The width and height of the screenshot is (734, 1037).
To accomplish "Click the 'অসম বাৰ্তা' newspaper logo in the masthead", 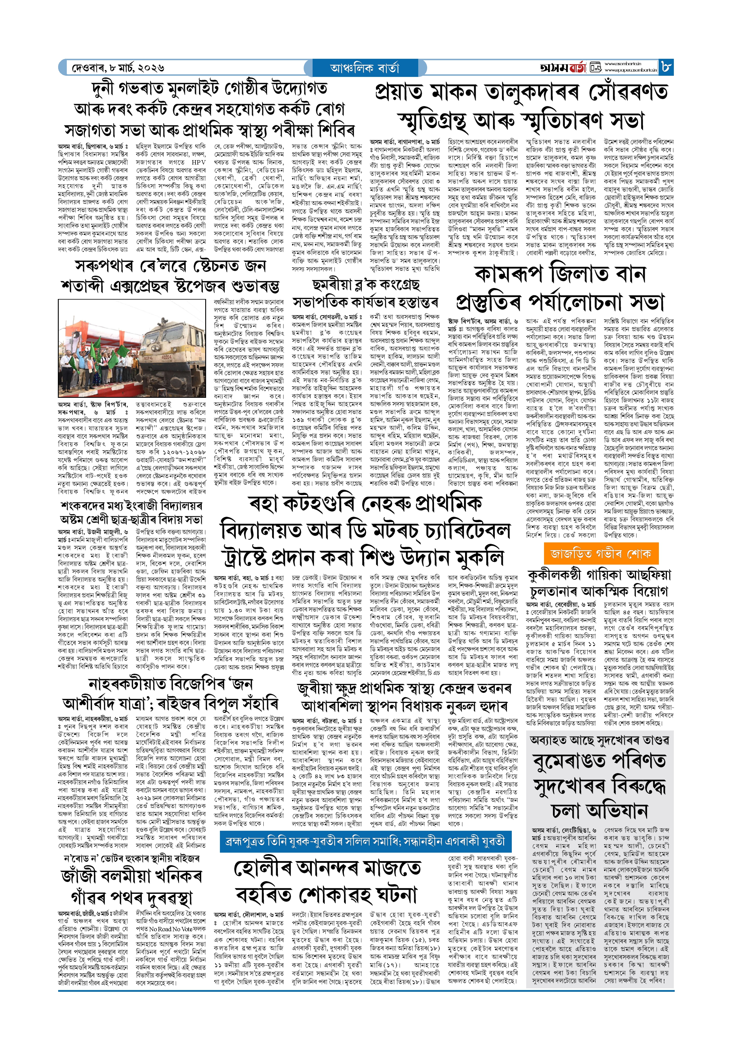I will tap(563, 68).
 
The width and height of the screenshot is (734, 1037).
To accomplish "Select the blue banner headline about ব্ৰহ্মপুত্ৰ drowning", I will tap(365, 841).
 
